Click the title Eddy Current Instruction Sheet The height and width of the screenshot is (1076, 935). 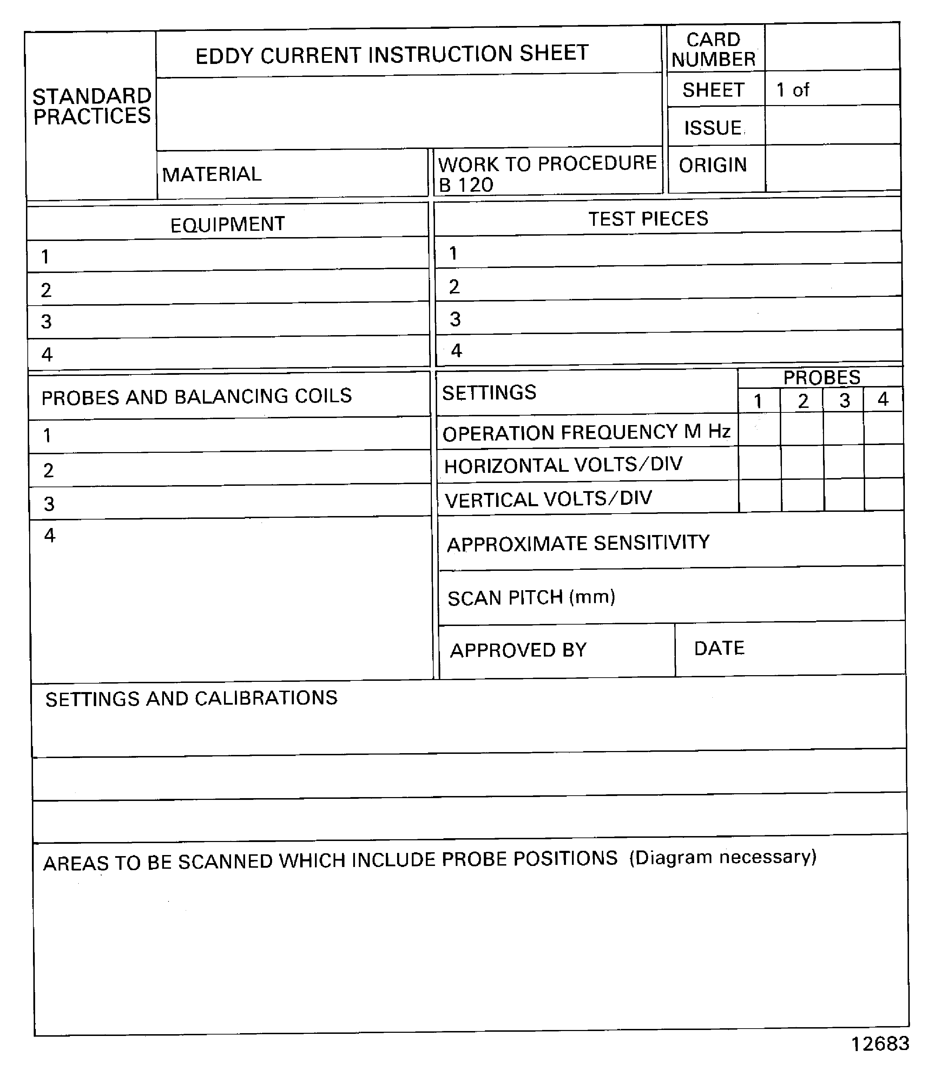392,54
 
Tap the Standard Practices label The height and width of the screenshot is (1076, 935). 92,106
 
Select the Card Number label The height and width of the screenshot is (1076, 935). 713,50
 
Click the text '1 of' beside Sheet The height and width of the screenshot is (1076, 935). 792,90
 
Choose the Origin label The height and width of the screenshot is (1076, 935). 713,165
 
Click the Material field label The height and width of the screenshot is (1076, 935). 211,174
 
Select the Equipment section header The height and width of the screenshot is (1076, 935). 228,224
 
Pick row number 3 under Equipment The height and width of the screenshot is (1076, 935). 46,321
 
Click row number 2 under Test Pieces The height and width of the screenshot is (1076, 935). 454,287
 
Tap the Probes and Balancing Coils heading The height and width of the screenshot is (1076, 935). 197,397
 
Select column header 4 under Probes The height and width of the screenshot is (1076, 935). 883,400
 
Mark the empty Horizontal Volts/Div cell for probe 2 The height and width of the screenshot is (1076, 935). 803,463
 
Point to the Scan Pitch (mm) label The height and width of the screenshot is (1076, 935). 531,597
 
